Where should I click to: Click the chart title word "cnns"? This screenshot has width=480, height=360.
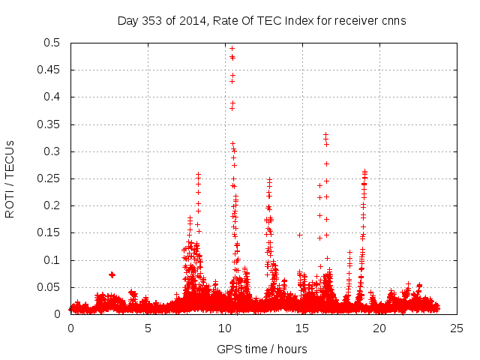point(393,21)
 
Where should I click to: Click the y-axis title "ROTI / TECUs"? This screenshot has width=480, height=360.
point(10,178)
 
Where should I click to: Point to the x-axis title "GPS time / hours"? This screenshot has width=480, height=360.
point(262,349)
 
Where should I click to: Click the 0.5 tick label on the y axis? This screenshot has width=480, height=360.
point(52,43)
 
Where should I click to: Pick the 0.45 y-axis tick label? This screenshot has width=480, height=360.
point(49,70)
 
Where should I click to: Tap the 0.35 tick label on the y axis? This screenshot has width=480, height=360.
point(49,124)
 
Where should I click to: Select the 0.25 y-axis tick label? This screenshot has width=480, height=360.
point(49,178)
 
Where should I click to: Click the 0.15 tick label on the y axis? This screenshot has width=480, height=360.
point(49,233)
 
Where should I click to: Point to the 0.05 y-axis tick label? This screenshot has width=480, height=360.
point(49,287)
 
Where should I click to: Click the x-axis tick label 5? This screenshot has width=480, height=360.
point(148,328)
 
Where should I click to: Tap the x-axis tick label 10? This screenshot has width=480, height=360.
point(225,328)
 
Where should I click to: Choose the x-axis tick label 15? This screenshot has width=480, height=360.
point(302,328)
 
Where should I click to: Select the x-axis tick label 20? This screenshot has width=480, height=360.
point(379,328)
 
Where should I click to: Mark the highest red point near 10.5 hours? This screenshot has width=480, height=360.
point(232,48)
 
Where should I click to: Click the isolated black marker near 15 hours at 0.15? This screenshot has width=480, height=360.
point(299,235)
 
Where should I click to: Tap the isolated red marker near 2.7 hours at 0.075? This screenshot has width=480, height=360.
point(112,274)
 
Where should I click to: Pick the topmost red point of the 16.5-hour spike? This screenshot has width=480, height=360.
point(325,134)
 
